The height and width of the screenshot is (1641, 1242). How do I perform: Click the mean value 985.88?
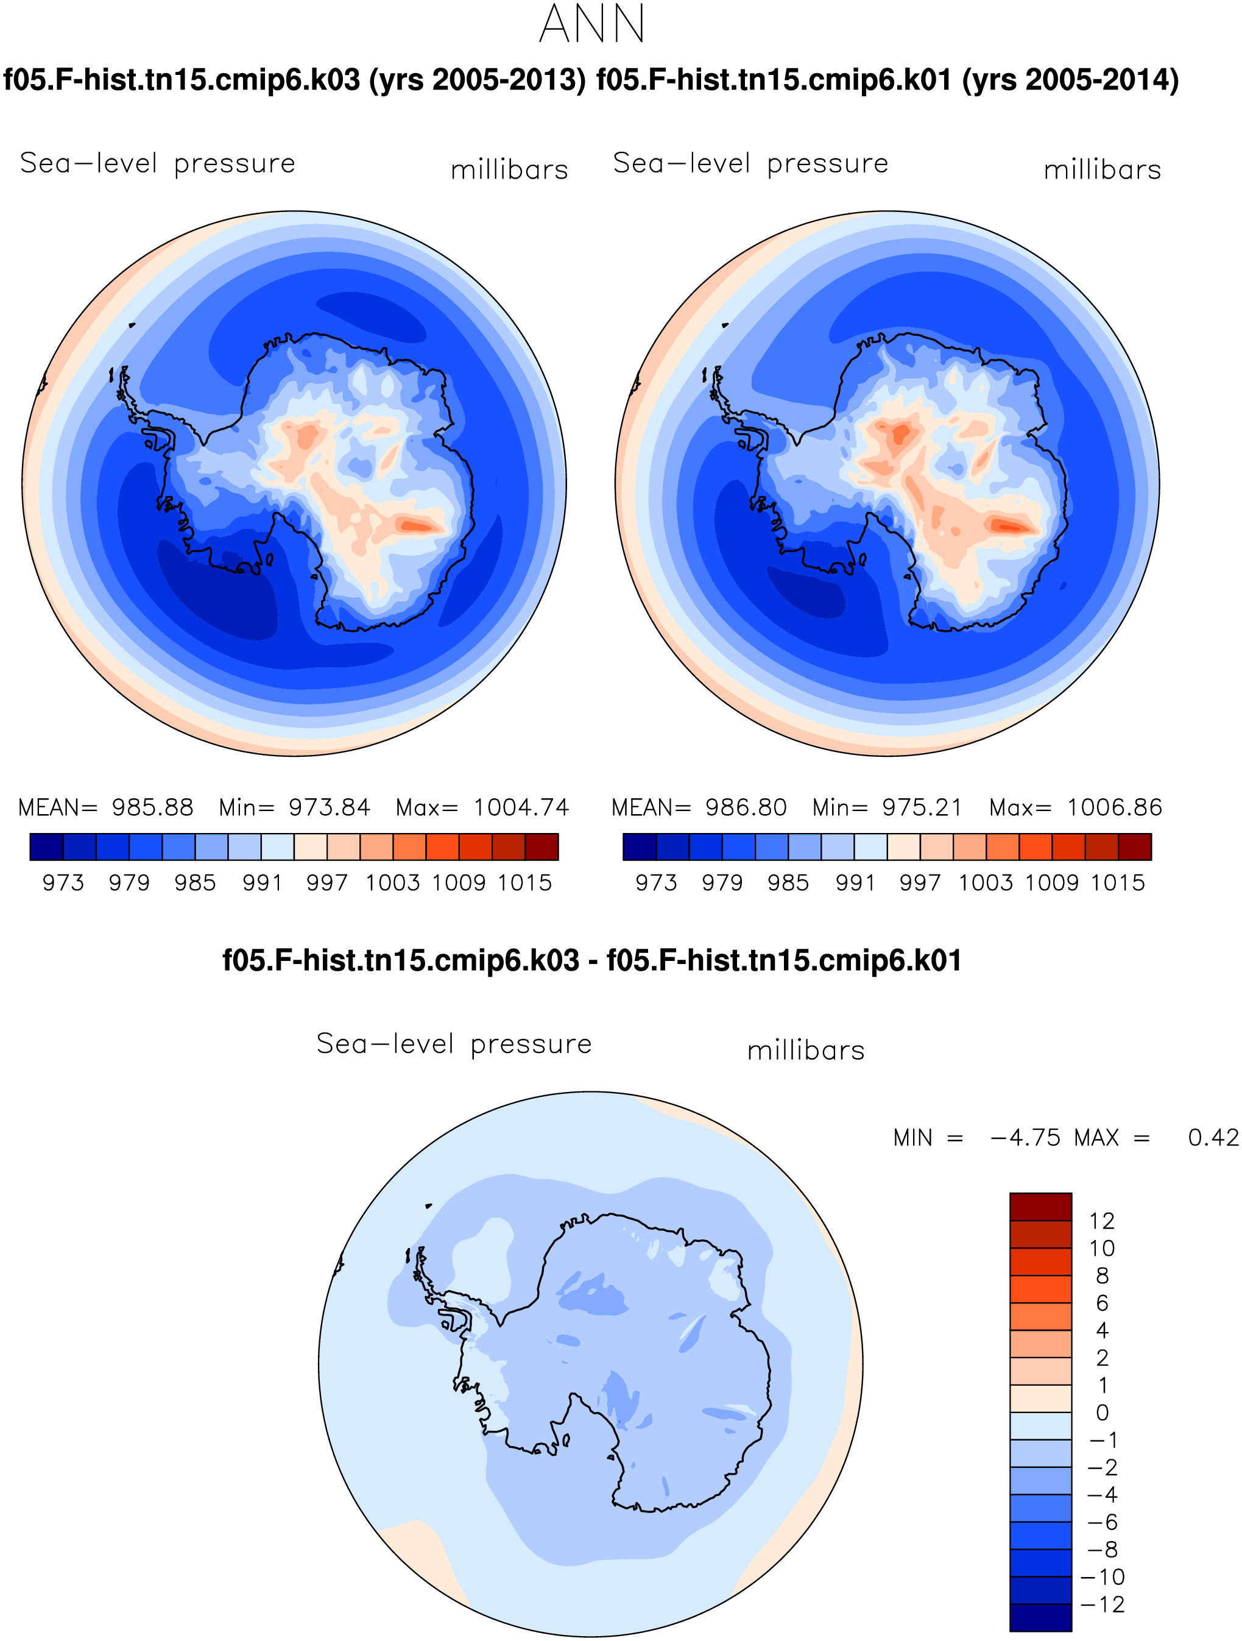coord(152,807)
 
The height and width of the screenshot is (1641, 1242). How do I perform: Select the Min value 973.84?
coord(329,807)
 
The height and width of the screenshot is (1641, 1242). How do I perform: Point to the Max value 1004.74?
coord(521,807)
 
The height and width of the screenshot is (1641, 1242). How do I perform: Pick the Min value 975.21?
coord(922,807)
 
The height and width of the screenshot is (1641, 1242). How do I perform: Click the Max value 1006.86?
coord(1115,807)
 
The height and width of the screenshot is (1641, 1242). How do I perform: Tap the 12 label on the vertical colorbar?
coord(1102,1221)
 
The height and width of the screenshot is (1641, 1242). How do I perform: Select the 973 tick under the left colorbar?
coord(63,883)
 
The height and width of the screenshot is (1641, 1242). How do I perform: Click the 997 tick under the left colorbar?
coord(327,883)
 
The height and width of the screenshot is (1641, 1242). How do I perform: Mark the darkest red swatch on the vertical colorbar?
coord(1040,1207)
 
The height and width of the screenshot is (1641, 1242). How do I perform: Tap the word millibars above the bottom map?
coord(806,1051)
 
